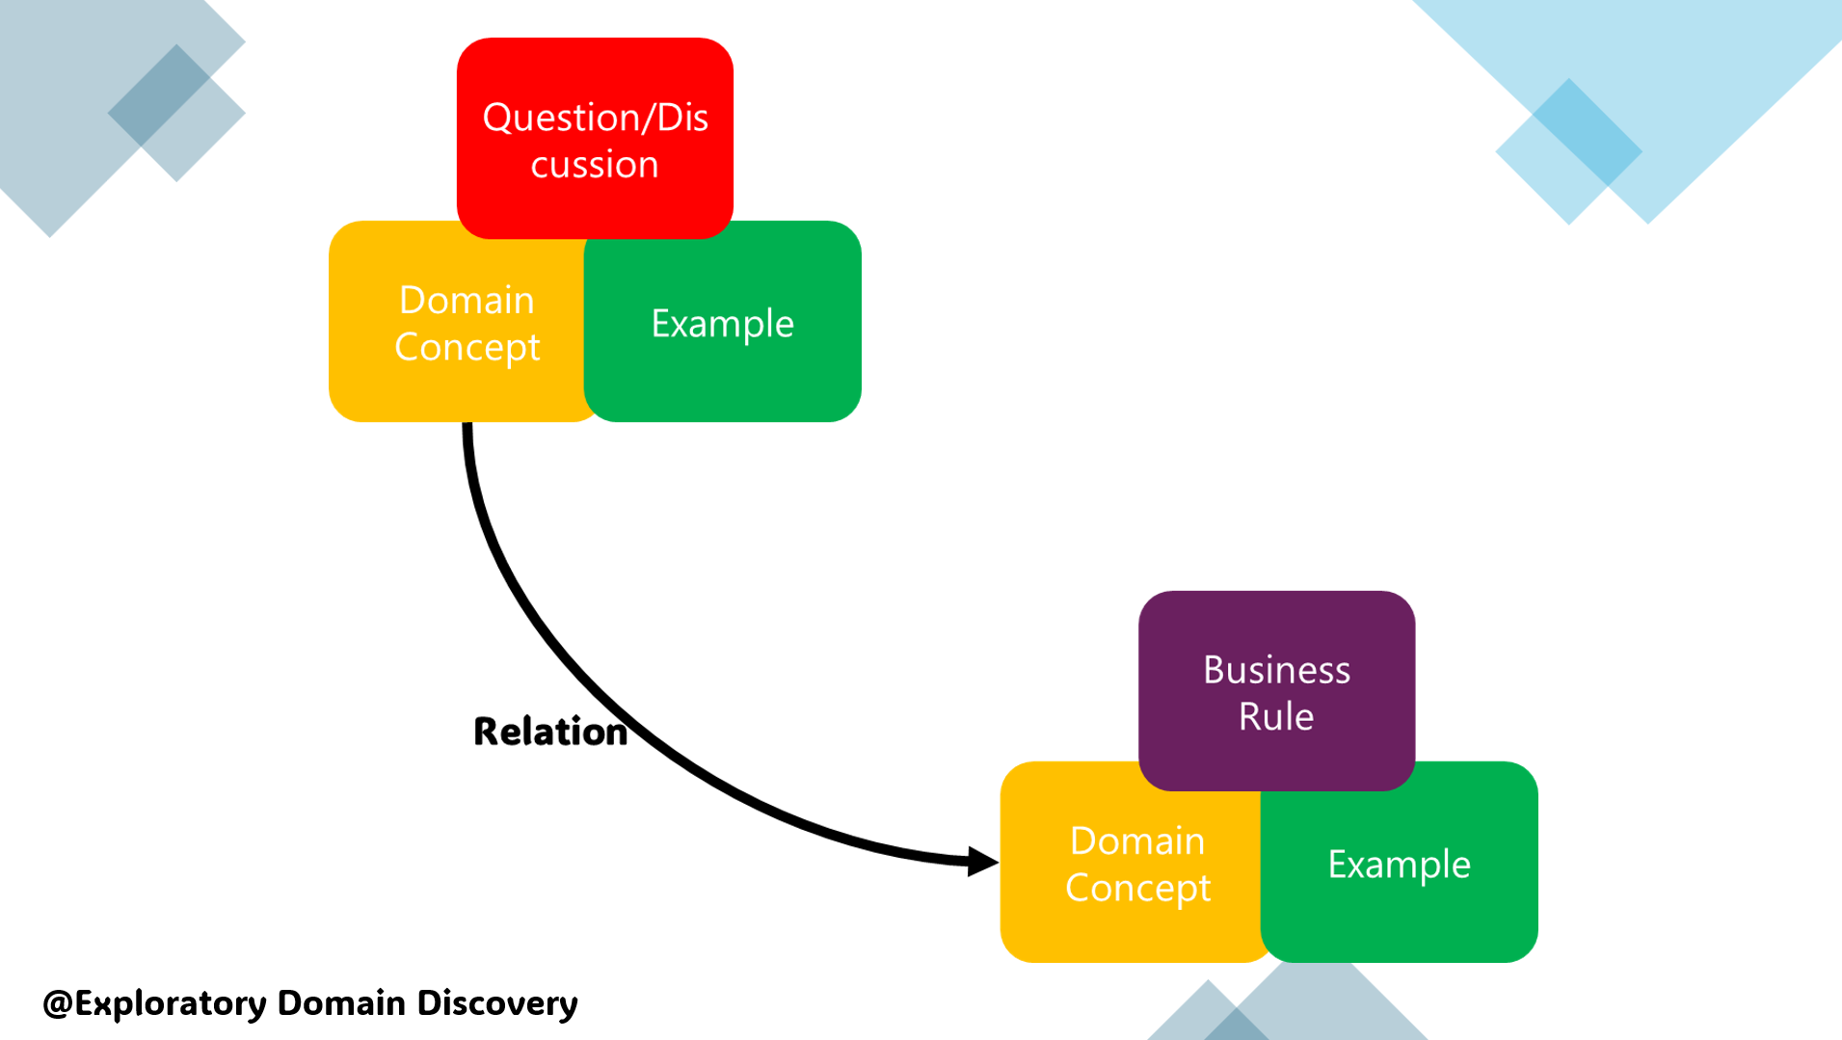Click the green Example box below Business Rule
tap(1400, 865)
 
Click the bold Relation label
tap(550, 732)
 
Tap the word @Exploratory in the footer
tap(155, 1003)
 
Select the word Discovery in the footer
tap(497, 1003)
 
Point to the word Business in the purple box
tap(1276, 670)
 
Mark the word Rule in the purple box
tap(1276, 717)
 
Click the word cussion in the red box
tap(595, 165)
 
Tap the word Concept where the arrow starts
tap(467, 348)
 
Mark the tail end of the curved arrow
tap(467, 430)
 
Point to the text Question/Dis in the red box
tap(595, 118)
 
